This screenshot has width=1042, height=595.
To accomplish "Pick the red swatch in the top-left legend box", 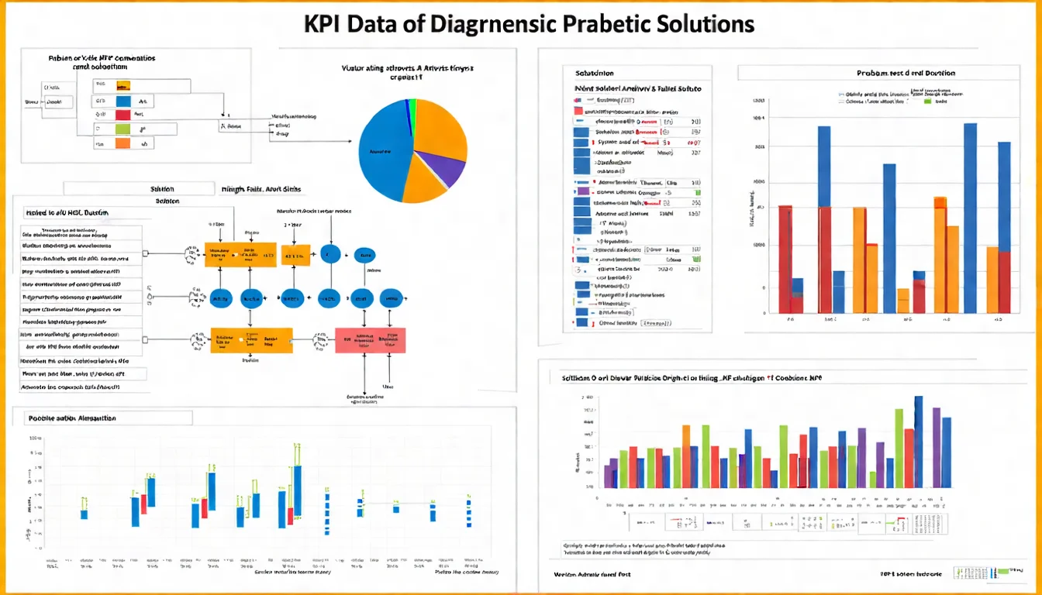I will pyautogui.click(x=122, y=115).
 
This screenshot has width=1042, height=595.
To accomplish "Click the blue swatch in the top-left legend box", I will pyautogui.click(x=122, y=101).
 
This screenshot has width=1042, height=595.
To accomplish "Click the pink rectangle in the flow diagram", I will pyautogui.click(x=370, y=339).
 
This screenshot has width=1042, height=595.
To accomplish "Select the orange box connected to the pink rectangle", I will pyautogui.click(x=252, y=339).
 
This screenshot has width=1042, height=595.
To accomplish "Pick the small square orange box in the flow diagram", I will pyautogui.click(x=295, y=254).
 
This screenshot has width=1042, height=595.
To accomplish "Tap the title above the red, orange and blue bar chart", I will pyautogui.click(x=906, y=73).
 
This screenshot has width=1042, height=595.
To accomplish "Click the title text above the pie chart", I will pyautogui.click(x=408, y=72).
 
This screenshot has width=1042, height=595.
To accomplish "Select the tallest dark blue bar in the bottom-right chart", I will pyautogui.click(x=919, y=442).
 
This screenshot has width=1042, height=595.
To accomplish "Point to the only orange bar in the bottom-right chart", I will pyautogui.click(x=686, y=456).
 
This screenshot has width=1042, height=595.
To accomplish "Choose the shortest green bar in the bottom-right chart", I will pyautogui.click(x=872, y=480).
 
